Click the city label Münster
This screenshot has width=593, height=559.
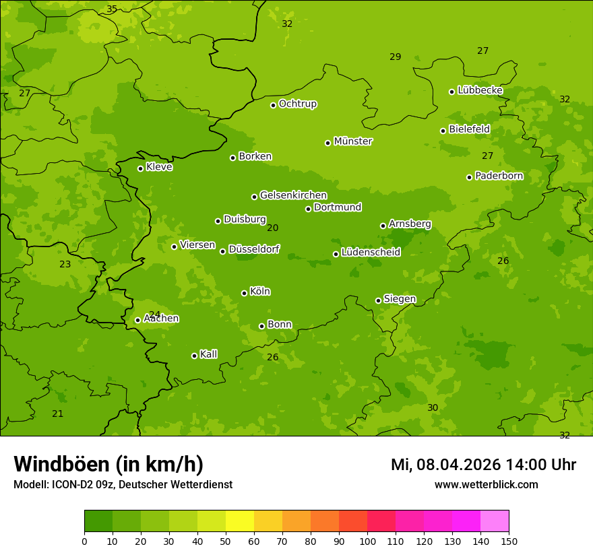pyautogui.click(x=353, y=141)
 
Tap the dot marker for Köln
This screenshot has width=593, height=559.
pyautogui.click(x=244, y=293)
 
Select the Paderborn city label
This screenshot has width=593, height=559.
pyautogui.click(x=499, y=176)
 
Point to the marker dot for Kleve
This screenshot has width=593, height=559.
pyautogui.click(x=140, y=168)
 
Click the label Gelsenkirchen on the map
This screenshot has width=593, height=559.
pyautogui.click(x=293, y=195)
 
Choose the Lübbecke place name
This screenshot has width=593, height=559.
pyautogui.click(x=480, y=90)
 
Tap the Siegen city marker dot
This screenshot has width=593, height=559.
pyautogui.click(x=378, y=300)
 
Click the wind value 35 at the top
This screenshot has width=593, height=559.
pyautogui.click(x=112, y=9)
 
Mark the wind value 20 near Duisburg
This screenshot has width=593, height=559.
pyautogui.click(x=272, y=228)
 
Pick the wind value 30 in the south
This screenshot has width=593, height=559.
pyautogui.click(x=433, y=407)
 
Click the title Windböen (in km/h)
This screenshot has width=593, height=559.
pyautogui.click(x=108, y=464)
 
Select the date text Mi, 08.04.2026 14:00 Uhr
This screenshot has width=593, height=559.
pyautogui.click(x=483, y=465)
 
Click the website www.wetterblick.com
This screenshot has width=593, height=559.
pyautogui.click(x=487, y=485)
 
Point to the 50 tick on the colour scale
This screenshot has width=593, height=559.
pyautogui.click(x=226, y=541)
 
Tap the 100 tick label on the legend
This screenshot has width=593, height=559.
pyautogui.click(x=367, y=541)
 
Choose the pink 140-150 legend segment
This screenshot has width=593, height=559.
pyautogui.click(x=495, y=521)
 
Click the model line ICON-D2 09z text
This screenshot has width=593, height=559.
pyautogui.click(x=123, y=485)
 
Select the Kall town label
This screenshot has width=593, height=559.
pyautogui.click(x=209, y=354)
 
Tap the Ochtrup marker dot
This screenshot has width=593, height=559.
pyautogui.click(x=273, y=105)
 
